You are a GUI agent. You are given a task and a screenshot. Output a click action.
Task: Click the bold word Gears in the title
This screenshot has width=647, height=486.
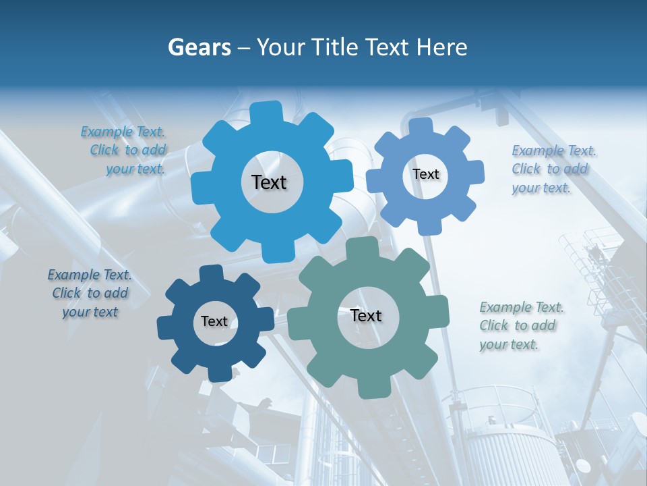199,47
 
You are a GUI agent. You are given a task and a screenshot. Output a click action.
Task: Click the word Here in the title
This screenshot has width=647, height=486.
442,47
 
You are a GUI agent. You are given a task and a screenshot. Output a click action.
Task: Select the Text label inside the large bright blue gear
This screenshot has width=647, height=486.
270,182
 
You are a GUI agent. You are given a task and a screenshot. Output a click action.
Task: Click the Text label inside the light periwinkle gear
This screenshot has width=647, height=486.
426,174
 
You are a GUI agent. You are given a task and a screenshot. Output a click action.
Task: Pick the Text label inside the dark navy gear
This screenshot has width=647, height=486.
214,322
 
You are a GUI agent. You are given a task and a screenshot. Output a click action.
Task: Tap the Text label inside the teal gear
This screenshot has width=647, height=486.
366,316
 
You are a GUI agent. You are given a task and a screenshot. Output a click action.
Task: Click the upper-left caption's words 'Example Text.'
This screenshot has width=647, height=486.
123,132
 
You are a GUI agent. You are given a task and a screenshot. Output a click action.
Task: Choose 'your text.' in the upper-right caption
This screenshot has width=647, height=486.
541,188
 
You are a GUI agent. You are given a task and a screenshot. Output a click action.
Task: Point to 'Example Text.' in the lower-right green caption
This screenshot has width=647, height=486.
522,308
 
